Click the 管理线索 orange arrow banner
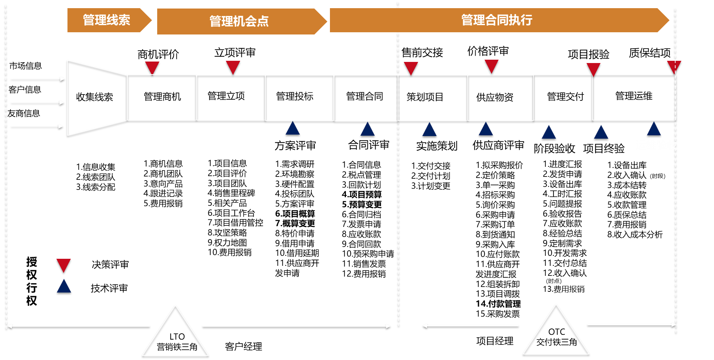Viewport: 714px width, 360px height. (107, 20)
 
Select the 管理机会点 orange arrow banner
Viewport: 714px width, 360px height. (239, 22)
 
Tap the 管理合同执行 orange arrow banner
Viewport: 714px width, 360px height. (497, 20)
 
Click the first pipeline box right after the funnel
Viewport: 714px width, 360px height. (162, 98)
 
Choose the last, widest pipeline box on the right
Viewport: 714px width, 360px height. (634, 98)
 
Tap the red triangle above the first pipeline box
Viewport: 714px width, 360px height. (152, 67)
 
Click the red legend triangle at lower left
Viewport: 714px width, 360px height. (63, 265)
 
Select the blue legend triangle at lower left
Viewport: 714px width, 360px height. (64, 287)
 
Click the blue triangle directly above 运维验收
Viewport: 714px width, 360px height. (654, 130)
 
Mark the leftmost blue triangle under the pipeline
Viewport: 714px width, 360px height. (292, 129)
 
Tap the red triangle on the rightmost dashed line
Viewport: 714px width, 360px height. (674, 66)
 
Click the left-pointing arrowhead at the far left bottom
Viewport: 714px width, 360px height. (9, 326)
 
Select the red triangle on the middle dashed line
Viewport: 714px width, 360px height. (411, 67)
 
